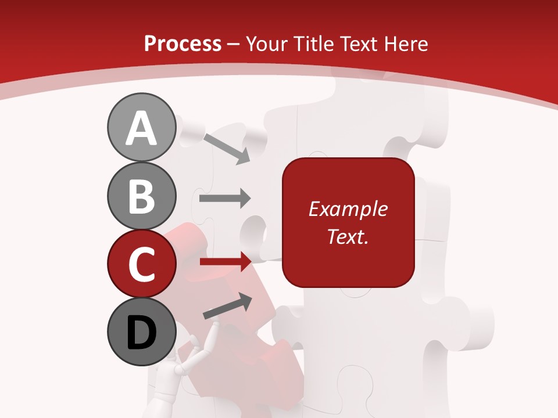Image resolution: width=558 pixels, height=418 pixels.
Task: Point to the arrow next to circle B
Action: (225, 199)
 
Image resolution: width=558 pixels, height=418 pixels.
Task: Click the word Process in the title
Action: (183, 44)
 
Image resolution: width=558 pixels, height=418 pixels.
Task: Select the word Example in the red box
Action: (348, 209)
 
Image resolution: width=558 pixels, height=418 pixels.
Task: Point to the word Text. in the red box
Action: (348, 236)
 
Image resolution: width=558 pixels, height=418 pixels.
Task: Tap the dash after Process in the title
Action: (234, 44)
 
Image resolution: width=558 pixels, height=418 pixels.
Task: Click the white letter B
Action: (141, 196)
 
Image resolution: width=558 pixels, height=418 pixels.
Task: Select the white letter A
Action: (141, 128)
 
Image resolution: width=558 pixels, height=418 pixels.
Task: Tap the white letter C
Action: (141, 265)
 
